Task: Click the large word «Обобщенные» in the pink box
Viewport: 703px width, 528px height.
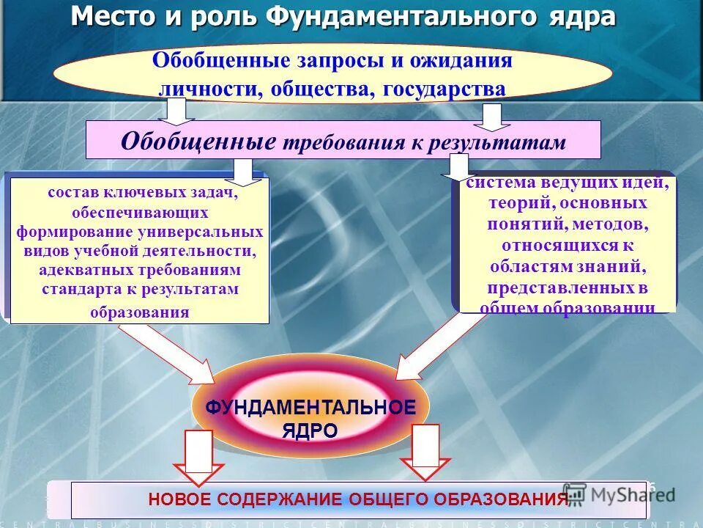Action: (198, 140)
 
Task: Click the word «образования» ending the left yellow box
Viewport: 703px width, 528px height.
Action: (139, 312)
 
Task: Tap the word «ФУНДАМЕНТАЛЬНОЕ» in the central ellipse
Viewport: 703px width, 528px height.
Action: (310, 408)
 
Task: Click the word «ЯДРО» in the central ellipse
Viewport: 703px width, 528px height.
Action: (310, 431)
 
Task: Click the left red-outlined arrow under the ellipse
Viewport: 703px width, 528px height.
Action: (198, 458)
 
